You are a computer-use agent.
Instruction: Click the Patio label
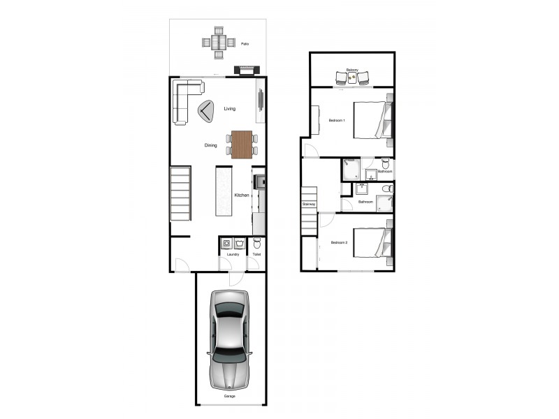coord(245,44)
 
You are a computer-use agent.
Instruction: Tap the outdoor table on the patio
coord(218,43)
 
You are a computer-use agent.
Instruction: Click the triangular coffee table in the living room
coord(207,111)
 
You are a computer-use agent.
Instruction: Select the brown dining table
coord(242,145)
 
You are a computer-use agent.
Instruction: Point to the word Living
coord(230,109)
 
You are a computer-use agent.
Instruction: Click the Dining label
coord(210,145)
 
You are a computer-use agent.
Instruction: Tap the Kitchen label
coord(242,195)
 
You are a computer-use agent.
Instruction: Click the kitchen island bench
coord(224,199)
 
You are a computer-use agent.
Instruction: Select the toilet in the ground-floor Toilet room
coord(256,244)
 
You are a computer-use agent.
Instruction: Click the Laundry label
coord(233,254)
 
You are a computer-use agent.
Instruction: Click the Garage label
coord(230,397)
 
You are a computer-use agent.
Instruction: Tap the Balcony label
coord(352,70)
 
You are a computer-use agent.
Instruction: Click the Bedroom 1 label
coord(337,121)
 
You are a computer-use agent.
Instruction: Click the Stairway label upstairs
coord(309,204)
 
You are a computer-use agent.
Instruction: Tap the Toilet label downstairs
coord(256,254)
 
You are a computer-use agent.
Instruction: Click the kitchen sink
coord(259,183)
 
